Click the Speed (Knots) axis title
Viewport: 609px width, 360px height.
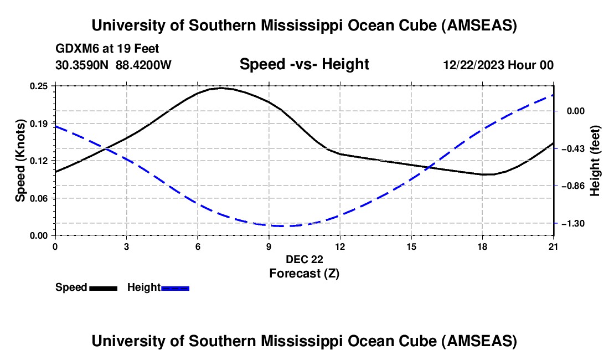click(20, 161)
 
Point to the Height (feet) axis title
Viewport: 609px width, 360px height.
click(595, 161)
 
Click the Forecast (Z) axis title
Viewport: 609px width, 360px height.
click(304, 273)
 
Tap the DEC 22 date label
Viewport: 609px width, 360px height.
click(304, 259)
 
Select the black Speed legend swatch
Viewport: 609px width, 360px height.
click(103, 288)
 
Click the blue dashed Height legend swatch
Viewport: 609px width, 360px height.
click(176, 288)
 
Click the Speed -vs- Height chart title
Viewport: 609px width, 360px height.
click(304, 65)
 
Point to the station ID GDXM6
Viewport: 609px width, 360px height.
click(76, 49)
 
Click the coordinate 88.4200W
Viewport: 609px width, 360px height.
click(144, 65)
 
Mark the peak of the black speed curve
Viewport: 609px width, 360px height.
click(221, 88)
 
